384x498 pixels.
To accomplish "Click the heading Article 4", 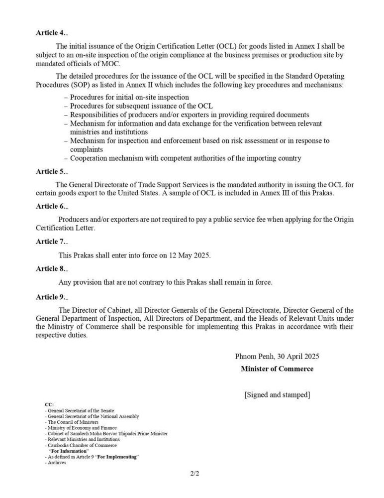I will point(50,33).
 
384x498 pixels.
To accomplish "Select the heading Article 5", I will point(50,171).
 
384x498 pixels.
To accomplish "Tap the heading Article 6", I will point(50,206).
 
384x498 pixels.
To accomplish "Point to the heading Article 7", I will point(50,242).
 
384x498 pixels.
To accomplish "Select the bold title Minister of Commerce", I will point(277,369).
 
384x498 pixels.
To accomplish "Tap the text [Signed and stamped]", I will point(277,395).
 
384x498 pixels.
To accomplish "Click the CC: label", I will point(49,405).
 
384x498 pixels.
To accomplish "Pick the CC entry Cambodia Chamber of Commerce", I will point(80,445).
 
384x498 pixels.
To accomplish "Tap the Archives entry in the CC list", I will point(56,463).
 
